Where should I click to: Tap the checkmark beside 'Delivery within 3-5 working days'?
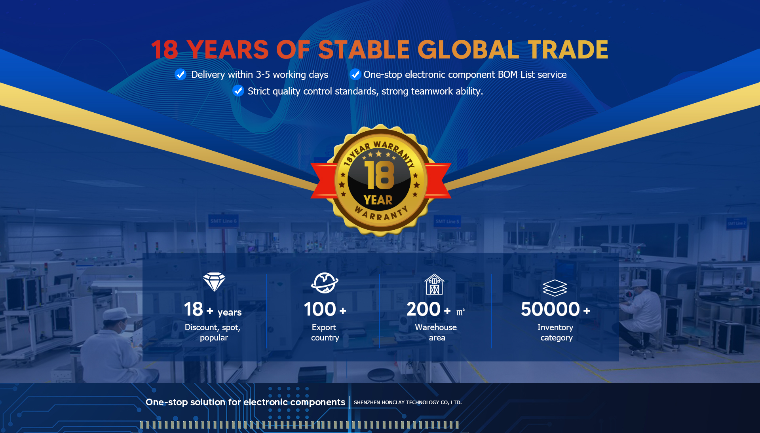pyautogui.click(x=180, y=74)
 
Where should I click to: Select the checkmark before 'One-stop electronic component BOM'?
pyautogui.click(x=355, y=74)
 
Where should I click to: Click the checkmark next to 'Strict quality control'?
pyautogui.click(x=238, y=91)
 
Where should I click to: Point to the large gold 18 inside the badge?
pyautogui.click(x=379, y=175)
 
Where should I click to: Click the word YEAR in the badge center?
pyautogui.click(x=378, y=200)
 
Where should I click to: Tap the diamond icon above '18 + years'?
pyautogui.click(x=214, y=282)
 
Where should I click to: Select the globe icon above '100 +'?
pyautogui.click(x=325, y=283)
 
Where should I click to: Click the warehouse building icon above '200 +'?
pyautogui.click(x=434, y=284)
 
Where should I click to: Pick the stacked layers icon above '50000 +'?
pyautogui.click(x=555, y=288)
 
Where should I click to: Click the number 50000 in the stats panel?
pyautogui.click(x=550, y=309)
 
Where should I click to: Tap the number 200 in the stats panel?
pyautogui.click(x=424, y=309)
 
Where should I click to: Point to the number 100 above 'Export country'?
pyautogui.click(x=320, y=309)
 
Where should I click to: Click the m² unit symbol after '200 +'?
pyautogui.click(x=460, y=312)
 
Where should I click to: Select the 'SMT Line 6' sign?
pyautogui.click(x=224, y=221)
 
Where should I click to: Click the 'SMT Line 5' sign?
pyautogui.click(x=447, y=221)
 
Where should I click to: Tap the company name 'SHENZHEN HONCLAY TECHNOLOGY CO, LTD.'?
pyautogui.click(x=408, y=403)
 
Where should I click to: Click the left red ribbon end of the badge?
pyautogui.click(x=323, y=180)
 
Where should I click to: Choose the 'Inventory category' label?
pyautogui.click(x=556, y=333)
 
